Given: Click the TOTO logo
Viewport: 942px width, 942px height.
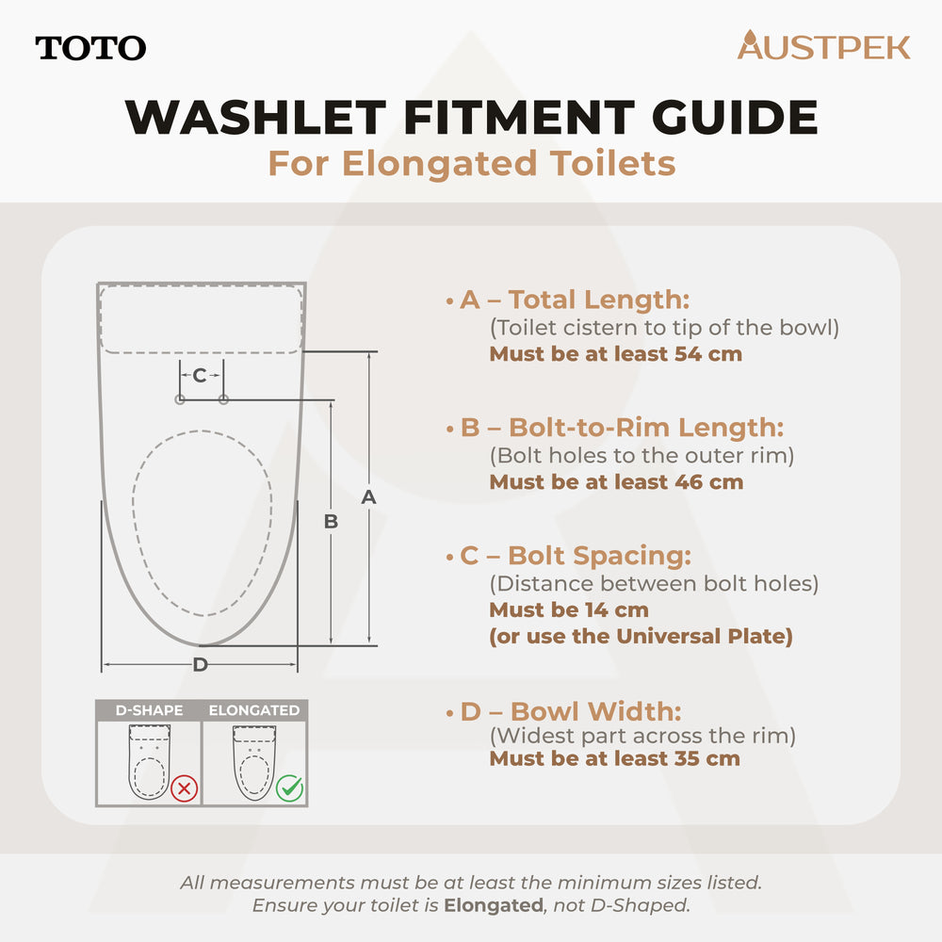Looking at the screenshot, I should pyautogui.click(x=90, y=48).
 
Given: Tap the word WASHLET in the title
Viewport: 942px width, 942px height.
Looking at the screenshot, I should pyautogui.click(x=255, y=118).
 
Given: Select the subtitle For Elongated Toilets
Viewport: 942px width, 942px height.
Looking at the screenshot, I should pyautogui.click(x=471, y=163).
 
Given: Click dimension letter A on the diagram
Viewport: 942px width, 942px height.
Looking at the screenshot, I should pyautogui.click(x=368, y=497).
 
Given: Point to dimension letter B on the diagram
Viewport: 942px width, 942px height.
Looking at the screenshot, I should pyautogui.click(x=331, y=521).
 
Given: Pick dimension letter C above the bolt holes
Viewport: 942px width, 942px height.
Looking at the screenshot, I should pyautogui.click(x=200, y=376).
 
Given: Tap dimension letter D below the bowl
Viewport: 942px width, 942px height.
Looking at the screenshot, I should pyautogui.click(x=200, y=665).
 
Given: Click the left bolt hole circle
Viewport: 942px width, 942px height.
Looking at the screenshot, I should pyautogui.click(x=179, y=400).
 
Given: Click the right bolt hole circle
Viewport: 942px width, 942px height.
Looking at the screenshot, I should pyautogui.click(x=223, y=400).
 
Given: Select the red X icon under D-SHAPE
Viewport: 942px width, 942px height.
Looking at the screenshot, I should pyautogui.click(x=184, y=788).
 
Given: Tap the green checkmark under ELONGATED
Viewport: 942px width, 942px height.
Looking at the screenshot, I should pyautogui.click(x=289, y=788).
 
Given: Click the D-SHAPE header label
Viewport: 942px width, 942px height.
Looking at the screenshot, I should pyautogui.click(x=149, y=710).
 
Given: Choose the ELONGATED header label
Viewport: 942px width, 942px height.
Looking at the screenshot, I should pyautogui.click(x=254, y=710).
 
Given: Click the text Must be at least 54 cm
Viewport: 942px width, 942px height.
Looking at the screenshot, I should pyautogui.click(x=615, y=354).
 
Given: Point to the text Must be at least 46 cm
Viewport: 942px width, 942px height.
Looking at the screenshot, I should pyautogui.click(x=615, y=482).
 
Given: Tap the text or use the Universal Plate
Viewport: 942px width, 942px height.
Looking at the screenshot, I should pyautogui.click(x=640, y=636).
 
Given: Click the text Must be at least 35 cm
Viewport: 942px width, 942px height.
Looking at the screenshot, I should pyautogui.click(x=614, y=758).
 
